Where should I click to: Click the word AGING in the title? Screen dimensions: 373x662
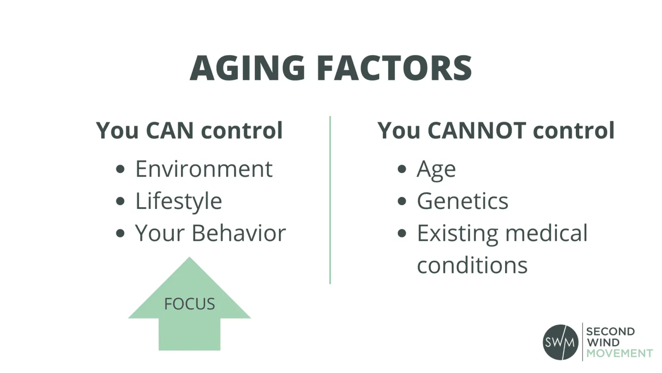coord(247,68)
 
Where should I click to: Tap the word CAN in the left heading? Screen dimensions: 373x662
coord(169,130)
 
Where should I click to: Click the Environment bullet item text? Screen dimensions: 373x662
coord(204,169)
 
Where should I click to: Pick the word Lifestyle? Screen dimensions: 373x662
coord(178,201)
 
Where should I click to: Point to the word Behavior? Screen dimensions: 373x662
coord(238,233)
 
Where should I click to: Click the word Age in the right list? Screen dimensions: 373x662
coord(436,169)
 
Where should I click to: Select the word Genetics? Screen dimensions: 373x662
coord(462,201)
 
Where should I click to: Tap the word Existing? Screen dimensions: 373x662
coord(457,234)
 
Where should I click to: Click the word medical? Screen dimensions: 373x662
coord(546,233)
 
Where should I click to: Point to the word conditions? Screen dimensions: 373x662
coord(472,265)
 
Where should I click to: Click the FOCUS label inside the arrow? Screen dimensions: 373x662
coord(189,304)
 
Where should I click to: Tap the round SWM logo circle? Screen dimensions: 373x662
coord(560,342)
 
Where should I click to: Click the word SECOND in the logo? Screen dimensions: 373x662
coord(610,332)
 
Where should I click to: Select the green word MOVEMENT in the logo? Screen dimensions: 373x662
coord(619,353)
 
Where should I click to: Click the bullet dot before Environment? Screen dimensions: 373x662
coord(120,169)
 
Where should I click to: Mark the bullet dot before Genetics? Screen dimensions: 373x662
coord(402,201)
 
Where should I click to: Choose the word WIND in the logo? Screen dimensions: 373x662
coord(603,342)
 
